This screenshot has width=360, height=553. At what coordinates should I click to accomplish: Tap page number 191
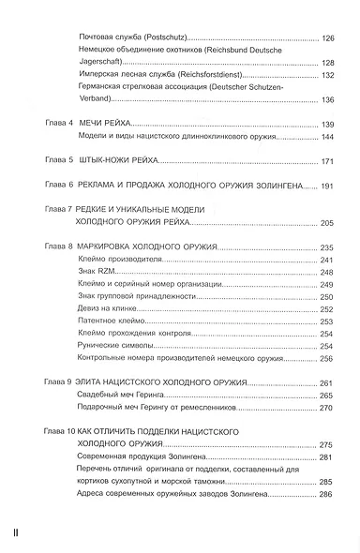point(327,187)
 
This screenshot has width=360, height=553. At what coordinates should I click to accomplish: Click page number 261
point(327,383)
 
